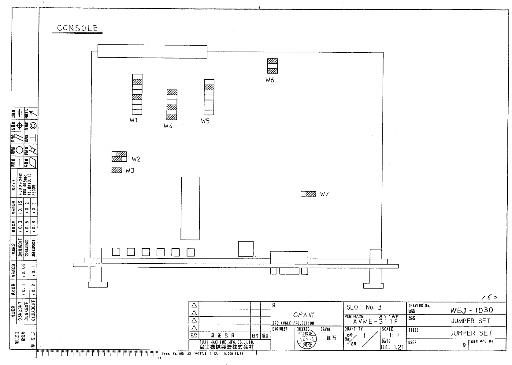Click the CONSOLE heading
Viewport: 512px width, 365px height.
click(77, 28)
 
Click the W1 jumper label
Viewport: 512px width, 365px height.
click(134, 120)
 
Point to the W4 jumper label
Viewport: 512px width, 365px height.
click(168, 126)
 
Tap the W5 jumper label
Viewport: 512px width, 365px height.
click(205, 121)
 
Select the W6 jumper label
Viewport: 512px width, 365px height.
click(270, 80)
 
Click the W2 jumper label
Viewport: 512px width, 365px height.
click(136, 159)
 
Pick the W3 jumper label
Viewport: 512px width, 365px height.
click(130, 171)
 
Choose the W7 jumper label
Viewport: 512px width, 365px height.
click(324, 194)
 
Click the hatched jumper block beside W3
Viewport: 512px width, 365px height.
click(117, 170)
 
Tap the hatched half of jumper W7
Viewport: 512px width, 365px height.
click(311, 194)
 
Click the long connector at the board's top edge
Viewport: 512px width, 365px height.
click(152, 51)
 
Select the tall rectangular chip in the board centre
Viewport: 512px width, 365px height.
click(190, 208)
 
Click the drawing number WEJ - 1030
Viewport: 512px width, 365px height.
click(472, 310)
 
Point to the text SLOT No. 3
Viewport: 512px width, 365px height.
click(364, 307)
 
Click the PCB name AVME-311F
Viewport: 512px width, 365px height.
click(375, 322)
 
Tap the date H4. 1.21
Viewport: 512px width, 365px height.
click(393, 347)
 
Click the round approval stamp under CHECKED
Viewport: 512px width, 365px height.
click(307, 340)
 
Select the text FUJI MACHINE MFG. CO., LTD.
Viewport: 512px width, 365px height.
click(227, 342)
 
